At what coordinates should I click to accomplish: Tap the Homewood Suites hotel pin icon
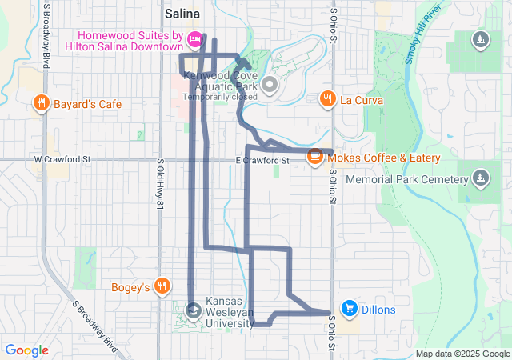194,38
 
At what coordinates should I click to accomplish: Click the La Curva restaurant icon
327,99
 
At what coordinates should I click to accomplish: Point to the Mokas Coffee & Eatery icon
315,157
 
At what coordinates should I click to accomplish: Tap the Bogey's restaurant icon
162,286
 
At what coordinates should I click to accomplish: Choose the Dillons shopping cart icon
349,307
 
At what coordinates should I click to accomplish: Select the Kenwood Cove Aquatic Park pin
269,83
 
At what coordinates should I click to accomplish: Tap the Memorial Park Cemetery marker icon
480,178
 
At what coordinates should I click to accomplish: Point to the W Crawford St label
63,160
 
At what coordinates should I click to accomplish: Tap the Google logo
26,350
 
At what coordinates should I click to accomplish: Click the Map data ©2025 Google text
462,354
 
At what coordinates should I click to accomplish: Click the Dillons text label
378,307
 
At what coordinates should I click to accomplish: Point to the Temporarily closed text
220,97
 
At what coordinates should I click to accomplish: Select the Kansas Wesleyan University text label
235,312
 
